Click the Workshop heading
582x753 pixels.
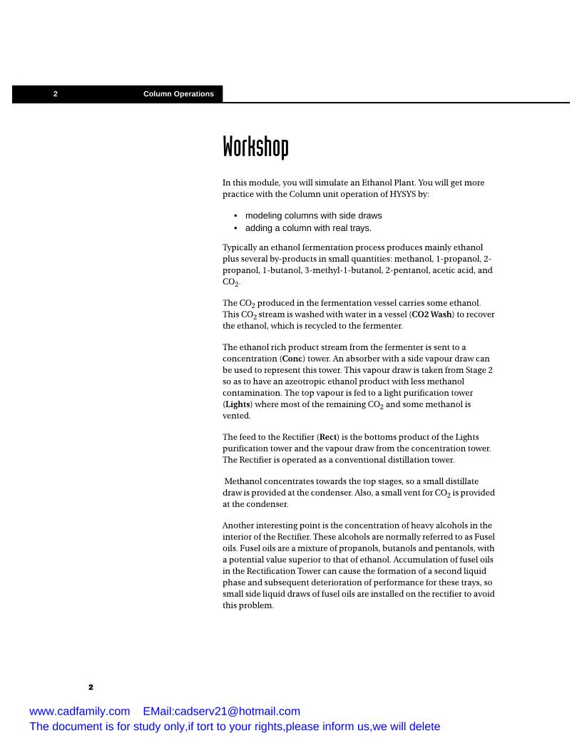coord(255,147)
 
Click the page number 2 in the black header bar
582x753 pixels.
coord(56,94)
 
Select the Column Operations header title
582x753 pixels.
coord(178,94)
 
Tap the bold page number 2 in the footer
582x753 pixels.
coord(91,687)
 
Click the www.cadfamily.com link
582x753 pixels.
coord(79,711)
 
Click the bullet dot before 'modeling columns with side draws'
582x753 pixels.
coord(236,215)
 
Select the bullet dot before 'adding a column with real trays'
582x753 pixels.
coord(236,228)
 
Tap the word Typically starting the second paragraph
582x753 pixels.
coord(242,247)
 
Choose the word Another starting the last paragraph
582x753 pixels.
coord(240,526)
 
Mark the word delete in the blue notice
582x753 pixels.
coord(424,727)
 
